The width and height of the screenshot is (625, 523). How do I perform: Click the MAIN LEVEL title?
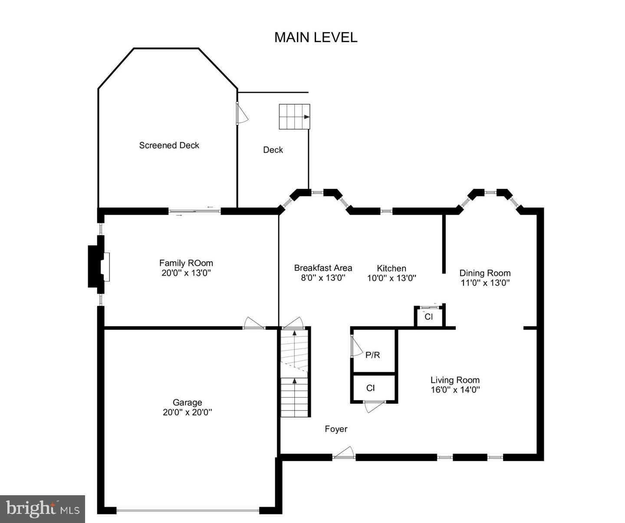316,37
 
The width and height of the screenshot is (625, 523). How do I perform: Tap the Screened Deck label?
169,145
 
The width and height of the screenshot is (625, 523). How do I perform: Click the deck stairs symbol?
294,117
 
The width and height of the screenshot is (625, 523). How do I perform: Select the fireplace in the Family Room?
98,267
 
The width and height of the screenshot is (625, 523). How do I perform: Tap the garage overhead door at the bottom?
188,510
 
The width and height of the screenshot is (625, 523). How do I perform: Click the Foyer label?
336,429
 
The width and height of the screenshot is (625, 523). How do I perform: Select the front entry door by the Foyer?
344,455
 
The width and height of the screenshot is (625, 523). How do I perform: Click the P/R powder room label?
372,355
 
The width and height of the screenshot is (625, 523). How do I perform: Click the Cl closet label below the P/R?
370,388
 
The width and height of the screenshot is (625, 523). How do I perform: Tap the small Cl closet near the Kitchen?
429,316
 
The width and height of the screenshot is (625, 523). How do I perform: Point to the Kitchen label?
391,269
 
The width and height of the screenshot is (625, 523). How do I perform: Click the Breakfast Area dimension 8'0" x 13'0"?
323,278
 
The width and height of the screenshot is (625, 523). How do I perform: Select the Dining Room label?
485,273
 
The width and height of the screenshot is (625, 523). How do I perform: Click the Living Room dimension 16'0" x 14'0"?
455,390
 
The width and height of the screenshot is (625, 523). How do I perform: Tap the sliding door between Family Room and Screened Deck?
194,212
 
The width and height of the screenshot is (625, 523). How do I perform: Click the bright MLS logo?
43,509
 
